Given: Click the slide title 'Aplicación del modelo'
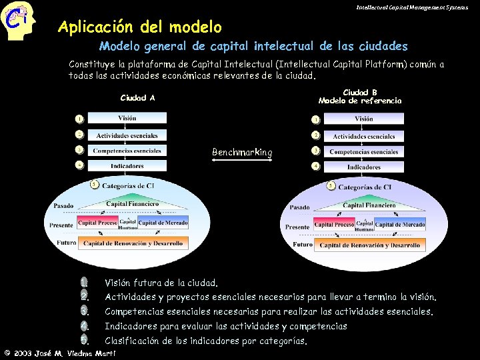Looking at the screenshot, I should [x=139, y=27].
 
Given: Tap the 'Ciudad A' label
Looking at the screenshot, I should [x=137, y=98].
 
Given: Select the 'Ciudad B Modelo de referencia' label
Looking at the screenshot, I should [x=360, y=97].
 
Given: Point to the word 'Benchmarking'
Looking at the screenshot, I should [x=242, y=153].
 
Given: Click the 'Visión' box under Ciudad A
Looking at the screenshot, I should [x=127, y=119].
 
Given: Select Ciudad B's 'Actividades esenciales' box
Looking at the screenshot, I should [x=364, y=136].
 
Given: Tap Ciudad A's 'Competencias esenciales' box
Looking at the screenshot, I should [x=127, y=151].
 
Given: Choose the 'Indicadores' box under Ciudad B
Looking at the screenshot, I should [x=364, y=167].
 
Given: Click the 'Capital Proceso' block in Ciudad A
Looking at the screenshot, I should [x=97, y=223].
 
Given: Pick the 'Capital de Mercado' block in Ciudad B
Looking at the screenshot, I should [x=400, y=225].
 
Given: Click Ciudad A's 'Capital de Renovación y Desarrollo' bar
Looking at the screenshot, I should [x=134, y=243].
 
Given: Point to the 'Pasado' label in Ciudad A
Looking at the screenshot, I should [x=63, y=206].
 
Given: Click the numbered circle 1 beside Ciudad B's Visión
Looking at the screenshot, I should [x=315, y=119].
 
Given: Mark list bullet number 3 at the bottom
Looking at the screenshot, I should [x=84, y=311].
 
